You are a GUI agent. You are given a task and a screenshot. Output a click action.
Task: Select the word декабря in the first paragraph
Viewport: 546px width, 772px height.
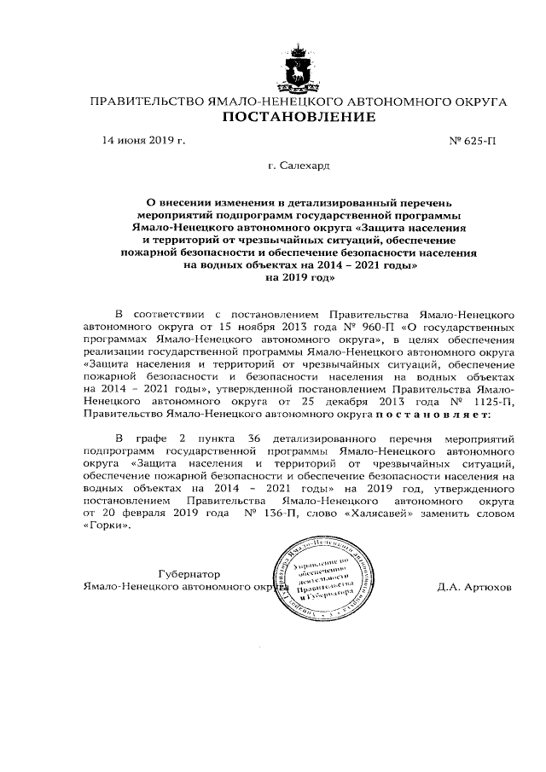point(338,400)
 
